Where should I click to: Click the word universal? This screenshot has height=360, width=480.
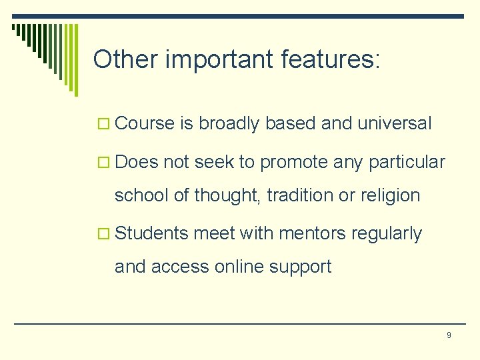click(x=395, y=123)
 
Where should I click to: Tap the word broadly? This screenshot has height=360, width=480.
click(x=229, y=123)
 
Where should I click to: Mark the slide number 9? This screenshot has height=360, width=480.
click(x=449, y=335)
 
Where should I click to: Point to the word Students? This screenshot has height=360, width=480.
click(x=151, y=233)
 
